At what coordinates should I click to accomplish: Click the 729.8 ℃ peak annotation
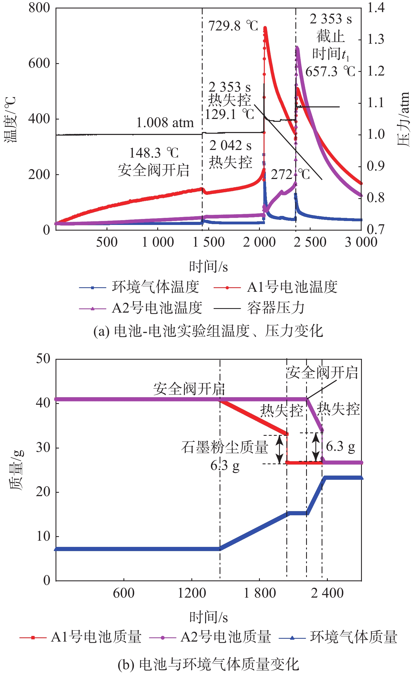(x=233, y=26)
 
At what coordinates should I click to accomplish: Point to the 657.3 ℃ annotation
(x=330, y=72)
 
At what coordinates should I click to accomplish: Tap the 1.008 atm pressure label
(x=165, y=123)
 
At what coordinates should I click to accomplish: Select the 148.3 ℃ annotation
(x=154, y=153)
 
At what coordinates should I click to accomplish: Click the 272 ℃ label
(x=290, y=175)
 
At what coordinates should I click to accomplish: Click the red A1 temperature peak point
(x=265, y=28)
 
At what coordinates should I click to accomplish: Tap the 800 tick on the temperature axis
(x=39, y=8)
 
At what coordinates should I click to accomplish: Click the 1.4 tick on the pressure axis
(x=376, y=8)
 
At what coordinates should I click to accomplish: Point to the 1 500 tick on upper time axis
(x=209, y=242)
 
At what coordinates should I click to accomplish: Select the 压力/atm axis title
(x=403, y=119)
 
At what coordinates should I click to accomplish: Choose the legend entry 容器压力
(x=276, y=308)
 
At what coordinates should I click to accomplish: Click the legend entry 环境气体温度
(x=155, y=287)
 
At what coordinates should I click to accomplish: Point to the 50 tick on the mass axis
(x=43, y=359)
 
